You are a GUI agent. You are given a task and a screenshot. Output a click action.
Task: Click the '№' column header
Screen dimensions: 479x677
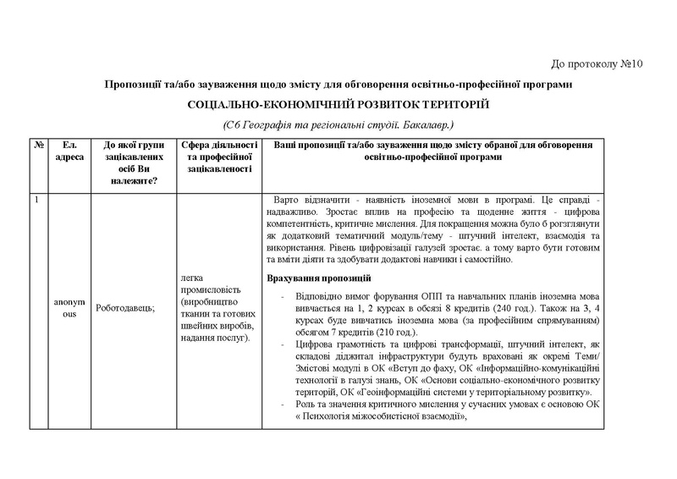39,145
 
